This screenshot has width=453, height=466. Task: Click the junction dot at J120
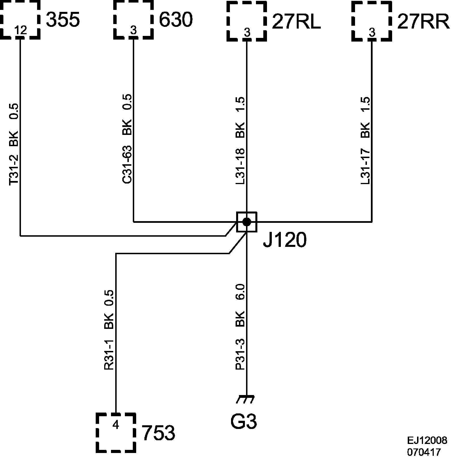[x=247, y=222]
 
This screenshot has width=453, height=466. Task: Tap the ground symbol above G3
[x=245, y=399]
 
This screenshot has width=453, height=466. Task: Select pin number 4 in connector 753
[x=116, y=425]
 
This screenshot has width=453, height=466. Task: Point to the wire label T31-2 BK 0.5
[x=14, y=144]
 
